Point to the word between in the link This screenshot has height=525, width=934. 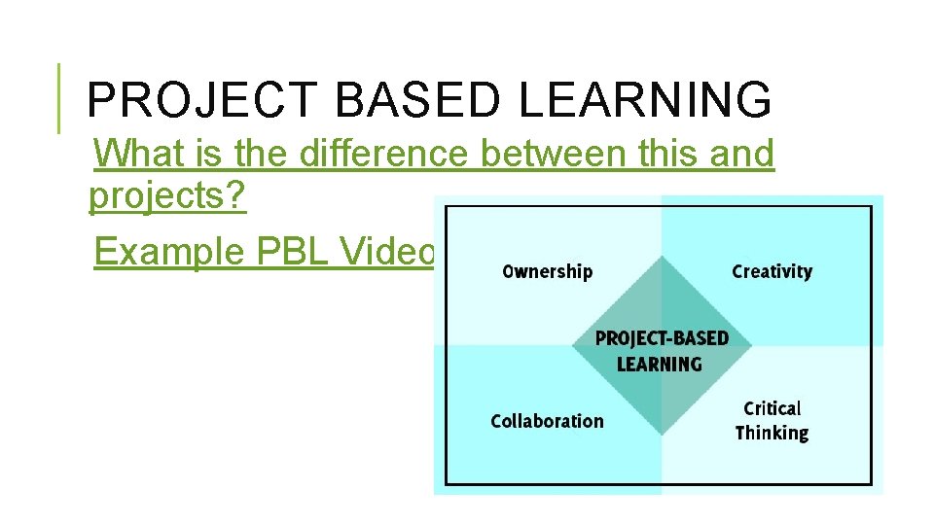click(x=565, y=154)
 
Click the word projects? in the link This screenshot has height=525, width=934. click(x=167, y=197)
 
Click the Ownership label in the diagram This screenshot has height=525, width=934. click(x=547, y=271)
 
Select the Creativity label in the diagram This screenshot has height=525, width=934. click(x=772, y=271)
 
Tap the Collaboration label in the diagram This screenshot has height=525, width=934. click(x=547, y=421)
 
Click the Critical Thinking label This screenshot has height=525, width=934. click(x=772, y=420)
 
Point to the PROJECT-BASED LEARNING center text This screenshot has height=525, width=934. click(x=661, y=351)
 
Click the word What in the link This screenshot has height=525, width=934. click(x=139, y=154)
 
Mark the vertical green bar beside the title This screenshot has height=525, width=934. click(x=57, y=98)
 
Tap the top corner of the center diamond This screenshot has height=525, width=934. click(x=662, y=258)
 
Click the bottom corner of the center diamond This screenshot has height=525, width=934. click(x=662, y=435)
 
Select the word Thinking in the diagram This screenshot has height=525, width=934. click(x=772, y=433)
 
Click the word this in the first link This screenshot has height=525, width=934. click(x=666, y=154)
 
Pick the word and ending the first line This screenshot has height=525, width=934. click(x=741, y=154)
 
